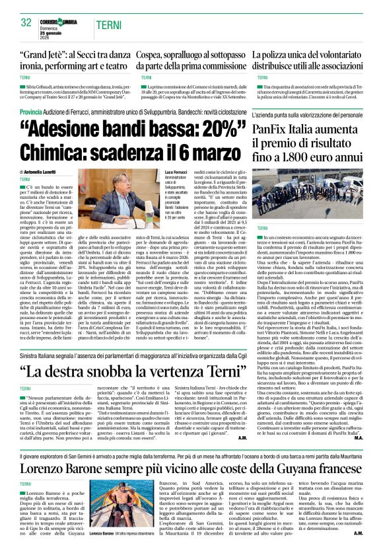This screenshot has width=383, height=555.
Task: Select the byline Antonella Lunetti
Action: [x=48, y=172]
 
